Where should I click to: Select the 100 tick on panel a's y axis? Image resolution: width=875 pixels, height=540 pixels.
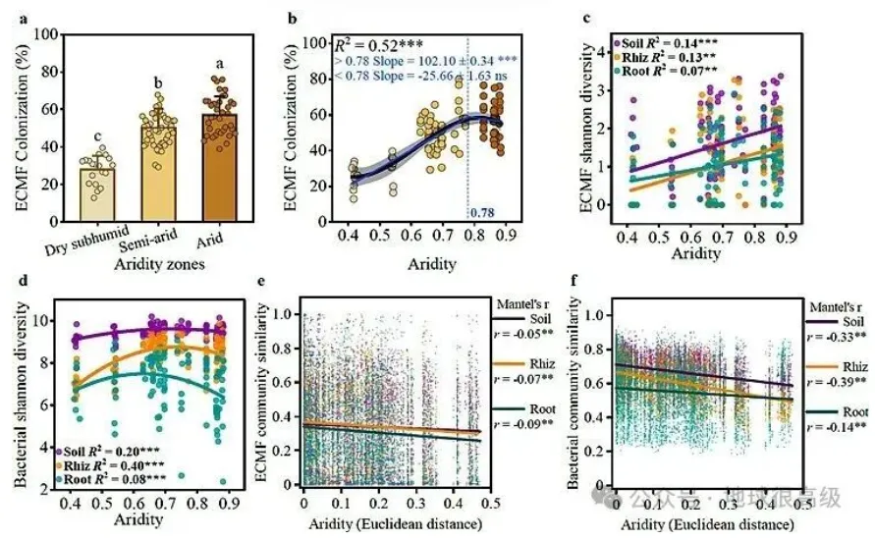click(42, 33)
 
